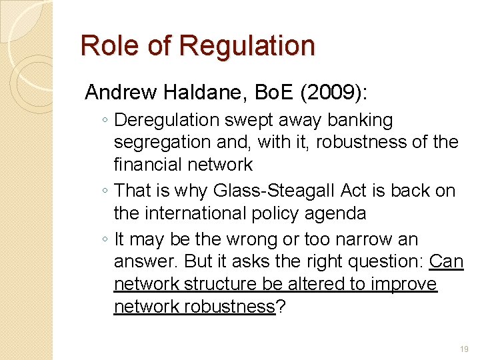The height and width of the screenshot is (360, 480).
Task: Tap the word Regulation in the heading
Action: coord(247,46)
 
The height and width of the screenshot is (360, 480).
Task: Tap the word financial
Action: coord(148,164)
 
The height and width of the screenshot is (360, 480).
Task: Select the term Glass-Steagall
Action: coord(275,191)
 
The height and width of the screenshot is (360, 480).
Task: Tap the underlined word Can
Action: coord(446,261)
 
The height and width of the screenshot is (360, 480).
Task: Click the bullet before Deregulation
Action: coord(106,121)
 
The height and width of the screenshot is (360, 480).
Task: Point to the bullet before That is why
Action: coord(106,191)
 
